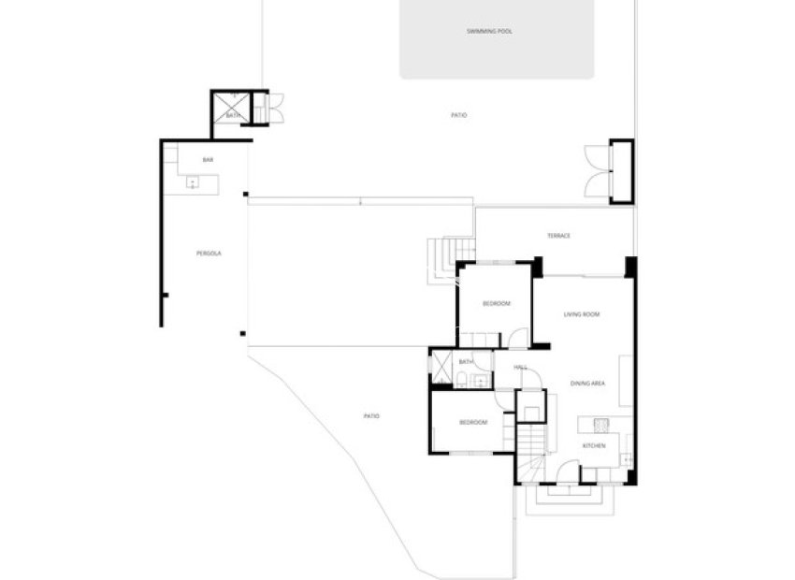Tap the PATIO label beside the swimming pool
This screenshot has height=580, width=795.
(458, 115)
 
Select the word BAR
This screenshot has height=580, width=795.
(208, 160)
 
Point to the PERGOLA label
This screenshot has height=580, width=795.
(209, 254)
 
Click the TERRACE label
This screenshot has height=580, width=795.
(558, 236)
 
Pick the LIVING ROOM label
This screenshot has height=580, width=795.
(581, 314)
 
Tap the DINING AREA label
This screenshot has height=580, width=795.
(589, 384)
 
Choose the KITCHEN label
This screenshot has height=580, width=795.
(594, 445)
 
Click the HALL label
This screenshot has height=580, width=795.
(520, 368)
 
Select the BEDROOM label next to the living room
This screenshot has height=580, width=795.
(496, 304)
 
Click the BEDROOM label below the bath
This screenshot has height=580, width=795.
(473, 423)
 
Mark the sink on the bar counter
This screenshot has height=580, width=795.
(192, 181)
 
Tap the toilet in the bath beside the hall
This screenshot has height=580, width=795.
(463, 380)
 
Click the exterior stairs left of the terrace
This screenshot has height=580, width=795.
(441, 256)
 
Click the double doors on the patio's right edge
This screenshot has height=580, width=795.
(595, 171)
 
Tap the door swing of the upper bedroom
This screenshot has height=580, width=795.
(517, 338)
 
